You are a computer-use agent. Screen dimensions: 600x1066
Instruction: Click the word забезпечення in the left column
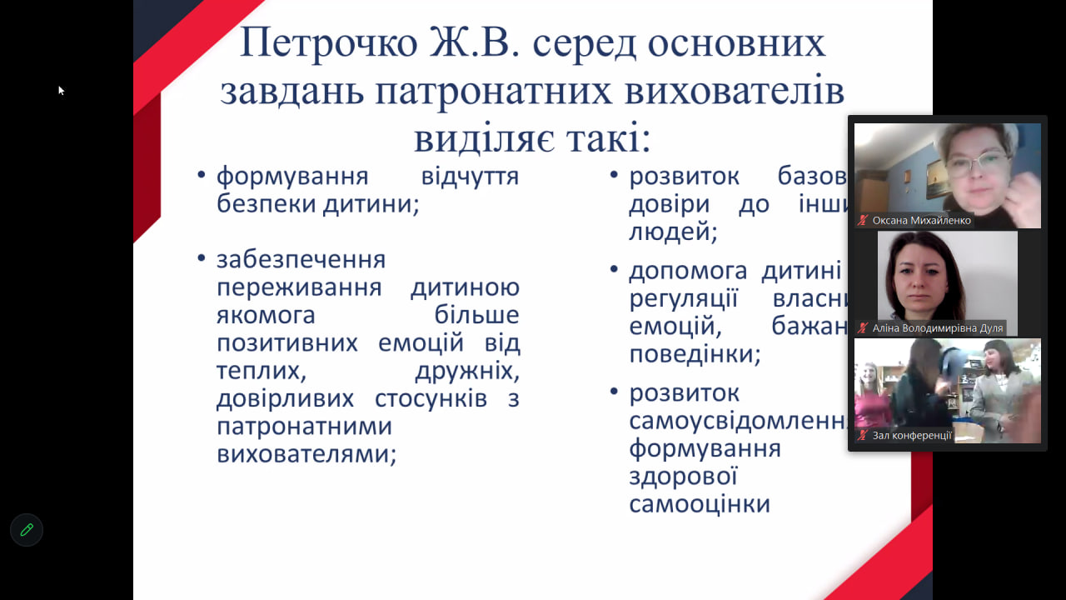click(301, 259)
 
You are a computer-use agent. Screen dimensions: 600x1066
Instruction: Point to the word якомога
click(266, 315)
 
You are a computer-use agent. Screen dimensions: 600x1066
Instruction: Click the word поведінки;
click(695, 354)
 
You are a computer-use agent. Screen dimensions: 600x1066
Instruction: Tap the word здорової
click(683, 477)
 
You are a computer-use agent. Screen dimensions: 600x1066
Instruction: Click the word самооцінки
click(699, 504)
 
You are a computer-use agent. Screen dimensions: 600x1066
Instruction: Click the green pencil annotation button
click(27, 529)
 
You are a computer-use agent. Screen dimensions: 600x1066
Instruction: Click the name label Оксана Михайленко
click(921, 221)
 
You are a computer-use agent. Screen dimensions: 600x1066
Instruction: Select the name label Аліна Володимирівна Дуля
click(937, 328)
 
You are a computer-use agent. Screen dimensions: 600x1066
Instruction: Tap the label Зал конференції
click(911, 435)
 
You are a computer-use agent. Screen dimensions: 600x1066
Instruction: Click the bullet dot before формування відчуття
click(201, 176)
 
